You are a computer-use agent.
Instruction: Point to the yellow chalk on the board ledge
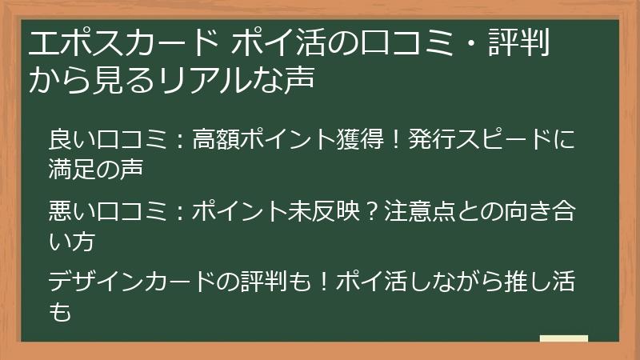[563, 339]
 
